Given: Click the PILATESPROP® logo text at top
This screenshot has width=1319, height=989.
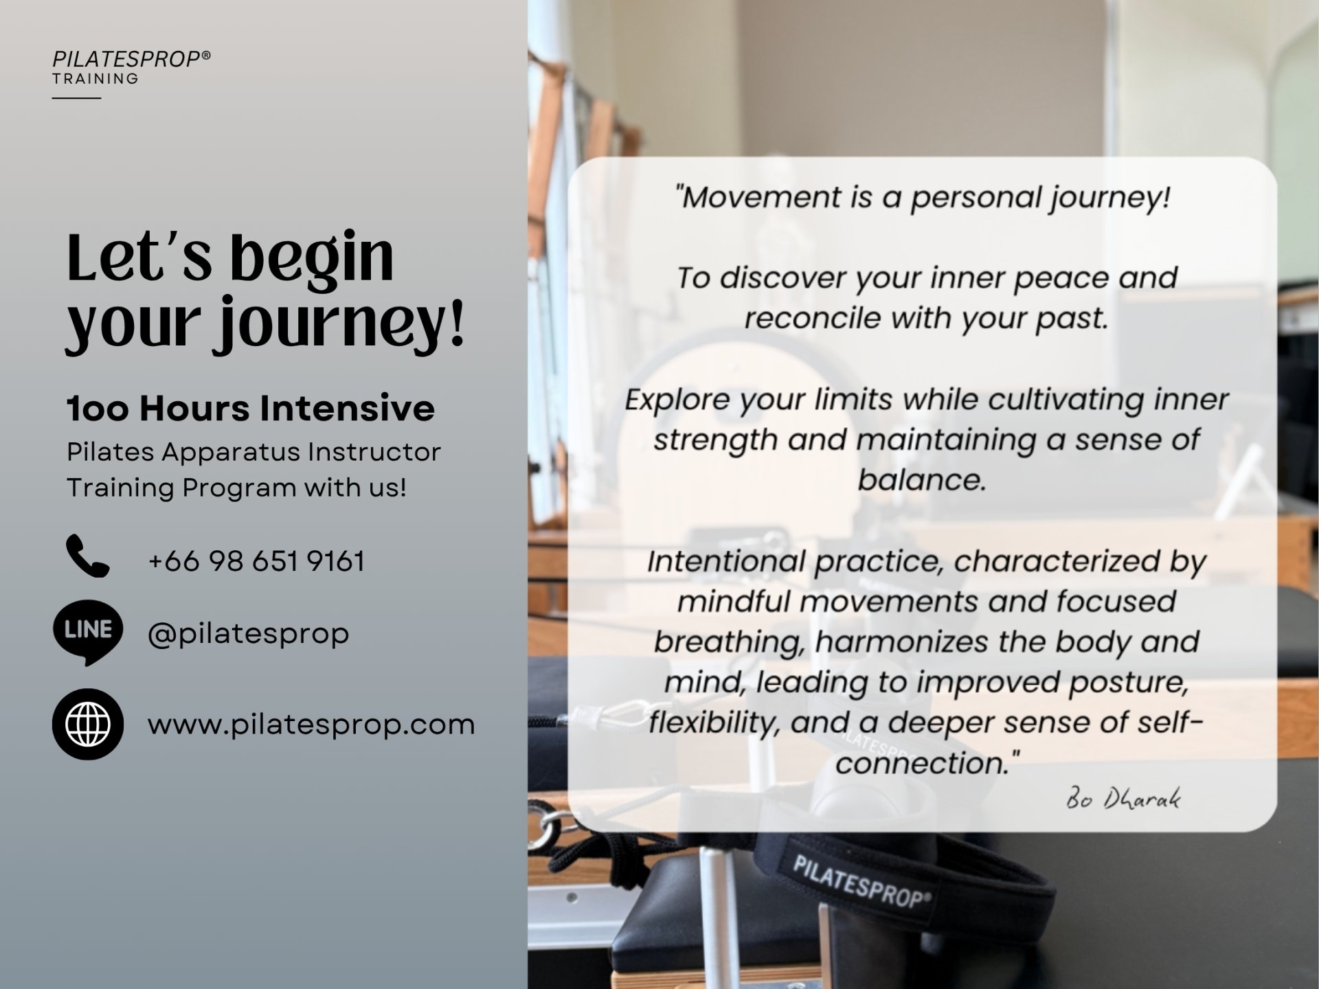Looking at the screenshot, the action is (x=131, y=59).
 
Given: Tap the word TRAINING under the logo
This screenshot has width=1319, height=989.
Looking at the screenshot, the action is (x=95, y=79).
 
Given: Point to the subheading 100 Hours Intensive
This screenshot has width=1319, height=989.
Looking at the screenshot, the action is (x=251, y=409).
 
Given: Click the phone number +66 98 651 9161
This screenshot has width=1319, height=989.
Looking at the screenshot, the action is (x=256, y=561).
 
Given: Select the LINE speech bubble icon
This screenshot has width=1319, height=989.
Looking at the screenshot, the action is (x=88, y=632).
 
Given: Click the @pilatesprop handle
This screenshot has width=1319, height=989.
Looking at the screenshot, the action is (x=248, y=633).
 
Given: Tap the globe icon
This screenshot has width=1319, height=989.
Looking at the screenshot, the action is (x=88, y=724).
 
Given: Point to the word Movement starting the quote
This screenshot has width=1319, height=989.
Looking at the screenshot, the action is (x=760, y=197).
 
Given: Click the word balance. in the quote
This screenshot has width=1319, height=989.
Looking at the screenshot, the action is (x=922, y=479).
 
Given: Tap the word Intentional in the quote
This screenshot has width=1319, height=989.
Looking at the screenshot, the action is (x=726, y=561).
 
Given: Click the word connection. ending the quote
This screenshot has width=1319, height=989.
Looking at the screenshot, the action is (x=927, y=763).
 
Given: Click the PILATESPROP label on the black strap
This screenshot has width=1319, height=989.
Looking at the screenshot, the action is (x=863, y=881).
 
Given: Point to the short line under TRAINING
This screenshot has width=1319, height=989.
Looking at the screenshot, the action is (x=76, y=98).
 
